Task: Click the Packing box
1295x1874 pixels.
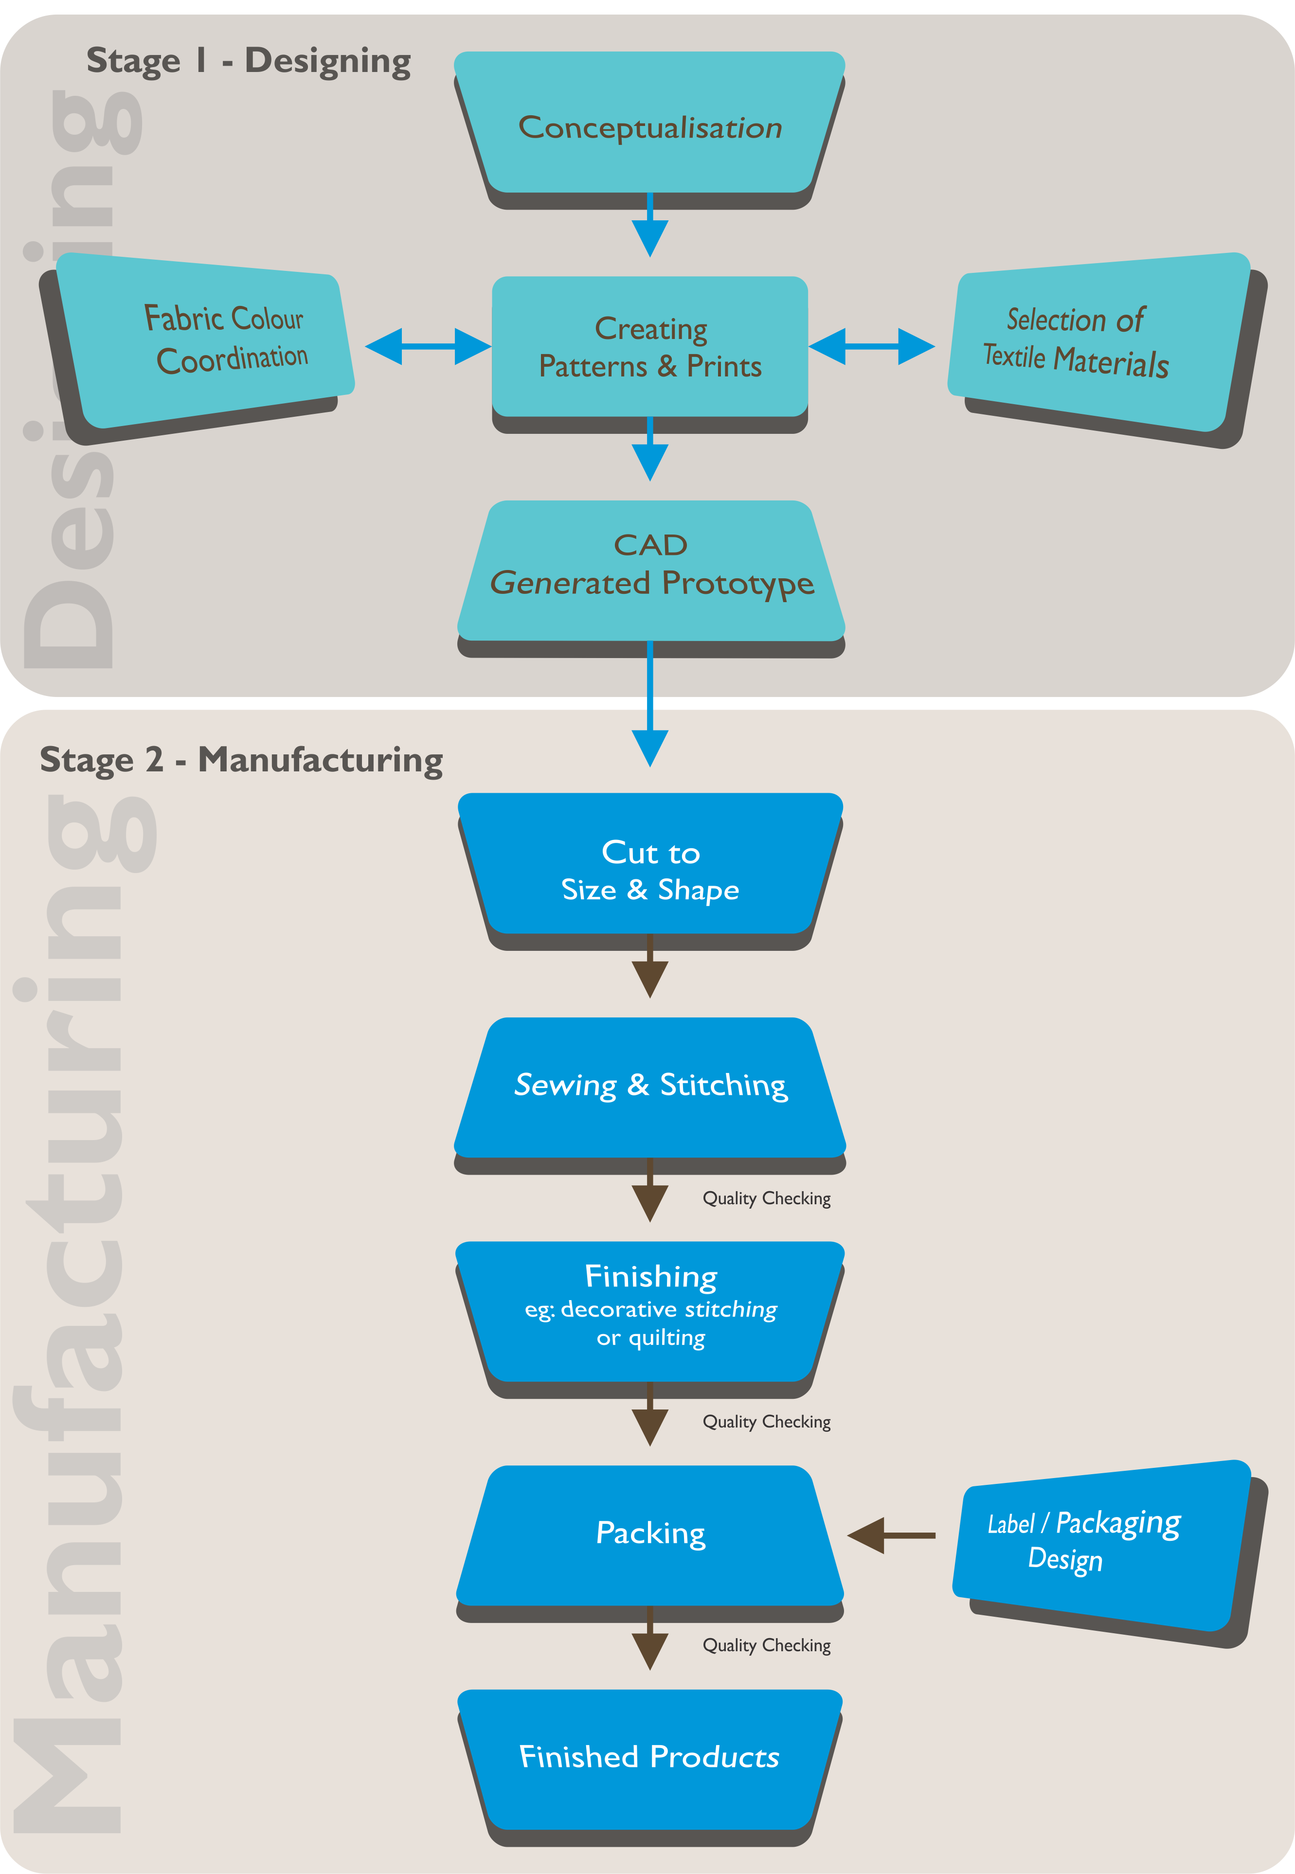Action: click(x=650, y=1533)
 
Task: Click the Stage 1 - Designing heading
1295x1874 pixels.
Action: click(x=248, y=61)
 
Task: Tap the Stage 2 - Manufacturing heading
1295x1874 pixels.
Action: click(x=241, y=760)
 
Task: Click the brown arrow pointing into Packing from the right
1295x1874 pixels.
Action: click(x=891, y=1535)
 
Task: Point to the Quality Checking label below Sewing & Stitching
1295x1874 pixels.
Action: click(x=766, y=1199)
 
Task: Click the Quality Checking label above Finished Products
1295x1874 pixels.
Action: click(x=766, y=1646)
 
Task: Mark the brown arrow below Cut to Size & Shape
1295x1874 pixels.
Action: click(x=650, y=969)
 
